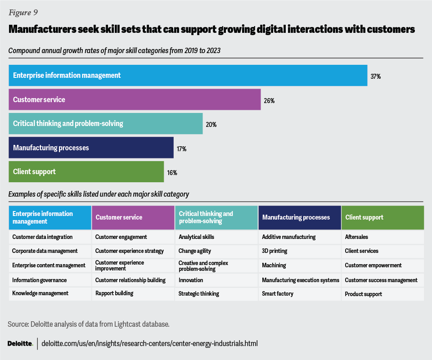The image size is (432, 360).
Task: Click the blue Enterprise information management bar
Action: [x=188, y=75]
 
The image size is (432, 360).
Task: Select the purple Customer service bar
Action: [x=135, y=99]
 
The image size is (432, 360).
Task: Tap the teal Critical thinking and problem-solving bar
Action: [x=105, y=123]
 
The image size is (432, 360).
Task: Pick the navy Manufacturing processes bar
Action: [x=91, y=148]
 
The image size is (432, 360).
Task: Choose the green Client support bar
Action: [x=86, y=172]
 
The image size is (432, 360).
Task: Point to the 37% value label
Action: [x=376, y=76]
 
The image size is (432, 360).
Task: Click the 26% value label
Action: [x=269, y=101]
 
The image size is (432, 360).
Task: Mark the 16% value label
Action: [x=172, y=172]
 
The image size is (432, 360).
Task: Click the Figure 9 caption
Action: [x=23, y=12]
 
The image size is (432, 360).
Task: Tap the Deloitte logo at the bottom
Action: [x=20, y=343]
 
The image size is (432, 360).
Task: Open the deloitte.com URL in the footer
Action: [x=149, y=343]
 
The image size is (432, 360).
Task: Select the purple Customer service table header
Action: [x=133, y=217]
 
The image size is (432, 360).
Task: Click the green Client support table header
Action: [x=382, y=217]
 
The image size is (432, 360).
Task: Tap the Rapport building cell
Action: [x=114, y=293]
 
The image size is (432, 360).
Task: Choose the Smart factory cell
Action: [x=278, y=293]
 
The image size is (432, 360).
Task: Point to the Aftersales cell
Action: [x=357, y=237]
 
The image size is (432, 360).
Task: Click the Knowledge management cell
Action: [x=40, y=293]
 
